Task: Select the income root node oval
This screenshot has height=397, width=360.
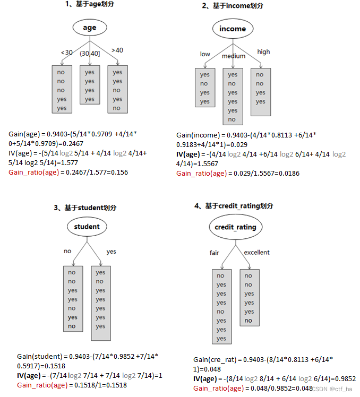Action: pos(233,29)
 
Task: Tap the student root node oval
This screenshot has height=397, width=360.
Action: pos(87,227)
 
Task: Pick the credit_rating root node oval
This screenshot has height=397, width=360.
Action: pos(235,227)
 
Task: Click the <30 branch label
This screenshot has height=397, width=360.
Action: pos(66,53)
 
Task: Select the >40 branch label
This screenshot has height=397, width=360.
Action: pos(117,50)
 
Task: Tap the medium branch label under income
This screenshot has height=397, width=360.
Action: pos(234,56)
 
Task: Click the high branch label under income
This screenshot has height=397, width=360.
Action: pos(263,51)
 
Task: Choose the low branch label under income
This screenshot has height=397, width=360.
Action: pos(205,54)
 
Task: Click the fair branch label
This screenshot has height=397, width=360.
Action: pos(215,253)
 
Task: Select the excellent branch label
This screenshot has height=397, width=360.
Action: pos(256,252)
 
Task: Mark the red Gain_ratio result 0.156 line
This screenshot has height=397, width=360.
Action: pos(68,172)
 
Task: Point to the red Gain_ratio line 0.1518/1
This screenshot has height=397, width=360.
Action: pos(72,385)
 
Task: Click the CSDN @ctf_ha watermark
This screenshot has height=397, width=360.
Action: pos(332,389)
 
